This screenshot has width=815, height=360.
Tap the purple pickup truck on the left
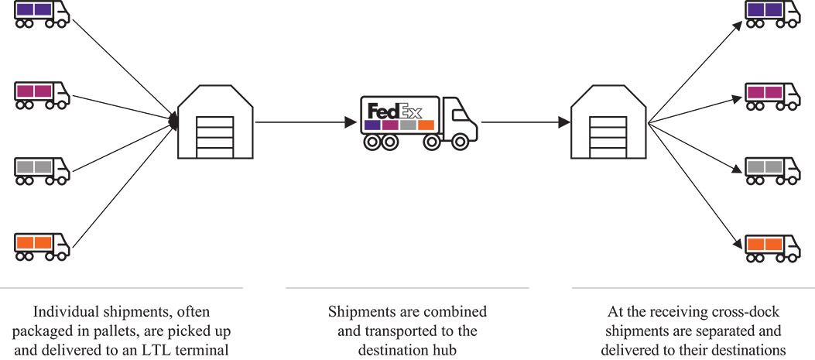click(41, 15)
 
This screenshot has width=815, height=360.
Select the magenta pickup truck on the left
click(41, 94)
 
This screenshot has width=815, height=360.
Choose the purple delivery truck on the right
click(772, 13)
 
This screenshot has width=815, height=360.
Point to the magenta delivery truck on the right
click(772, 94)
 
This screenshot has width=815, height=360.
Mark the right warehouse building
click(608, 122)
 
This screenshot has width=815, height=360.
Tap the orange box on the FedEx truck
click(426, 125)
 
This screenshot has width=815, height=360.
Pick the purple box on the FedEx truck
click(372, 125)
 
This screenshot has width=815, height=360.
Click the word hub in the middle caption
click(441, 351)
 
